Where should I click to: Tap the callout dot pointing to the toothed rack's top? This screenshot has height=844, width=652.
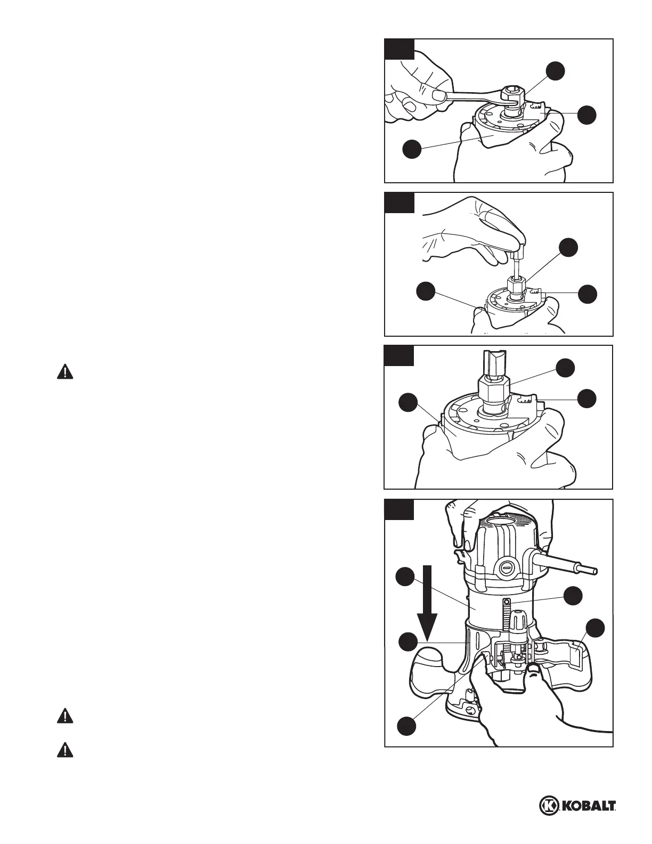573,596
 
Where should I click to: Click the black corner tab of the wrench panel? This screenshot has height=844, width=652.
399,48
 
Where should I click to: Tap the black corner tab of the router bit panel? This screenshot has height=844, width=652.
399,355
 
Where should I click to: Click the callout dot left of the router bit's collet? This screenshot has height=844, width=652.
410,403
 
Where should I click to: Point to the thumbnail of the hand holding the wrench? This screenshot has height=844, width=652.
439,95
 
